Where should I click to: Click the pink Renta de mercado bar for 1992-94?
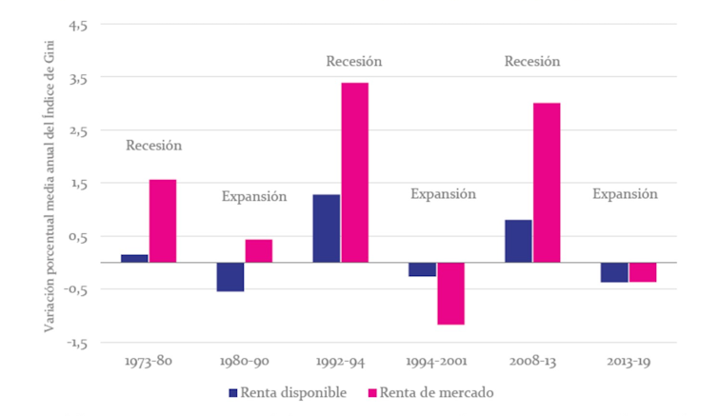pyautogui.click(x=354, y=172)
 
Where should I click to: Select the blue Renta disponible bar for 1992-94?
pyautogui.click(x=326, y=228)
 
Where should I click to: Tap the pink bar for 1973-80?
pyautogui.click(x=163, y=220)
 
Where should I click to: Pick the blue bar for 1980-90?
pyautogui.click(x=230, y=276)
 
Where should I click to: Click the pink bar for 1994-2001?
pyautogui.click(x=451, y=293)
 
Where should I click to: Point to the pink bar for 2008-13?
pyautogui.click(x=547, y=182)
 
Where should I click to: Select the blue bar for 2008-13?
pyautogui.click(x=518, y=241)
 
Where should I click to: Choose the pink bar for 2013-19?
pyautogui.click(x=643, y=271)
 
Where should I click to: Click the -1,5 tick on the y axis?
pyautogui.click(x=76, y=342)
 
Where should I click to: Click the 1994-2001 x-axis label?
pyautogui.click(x=436, y=363)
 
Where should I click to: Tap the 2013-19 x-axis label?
pyautogui.click(x=628, y=363)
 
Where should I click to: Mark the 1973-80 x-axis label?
pyautogui.click(x=149, y=363)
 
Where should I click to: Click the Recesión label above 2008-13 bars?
pyautogui.click(x=532, y=62)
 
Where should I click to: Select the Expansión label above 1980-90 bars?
pyautogui.click(x=254, y=197)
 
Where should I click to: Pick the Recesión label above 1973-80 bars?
pyautogui.click(x=153, y=146)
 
